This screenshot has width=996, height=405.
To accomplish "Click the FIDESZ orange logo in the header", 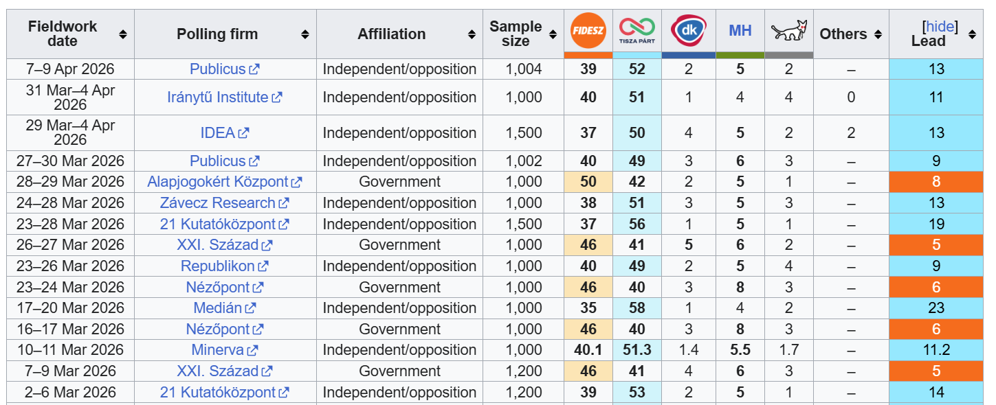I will click(x=588, y=30).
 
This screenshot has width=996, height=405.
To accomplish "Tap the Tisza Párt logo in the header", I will click(x=637, y=30).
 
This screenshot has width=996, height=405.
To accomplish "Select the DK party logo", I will click(x=688, y=30).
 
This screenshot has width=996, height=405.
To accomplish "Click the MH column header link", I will click(x=740, y=30).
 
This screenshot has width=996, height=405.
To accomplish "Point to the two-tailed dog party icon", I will click(x=788, y=30).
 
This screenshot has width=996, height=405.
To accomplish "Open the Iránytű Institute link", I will click(x=217, y=97).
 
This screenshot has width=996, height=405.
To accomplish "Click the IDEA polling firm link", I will click(x=218, y=132).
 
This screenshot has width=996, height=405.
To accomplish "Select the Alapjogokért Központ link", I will click(x=217, y=182).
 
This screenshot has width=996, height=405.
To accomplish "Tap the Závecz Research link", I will click(x=217, y=203).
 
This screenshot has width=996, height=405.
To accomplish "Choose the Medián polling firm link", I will click(x=218, y=308).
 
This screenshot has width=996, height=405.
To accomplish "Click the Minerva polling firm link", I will click(x=217, y=350).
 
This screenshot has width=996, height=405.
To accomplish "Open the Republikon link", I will click(x=217, y=266).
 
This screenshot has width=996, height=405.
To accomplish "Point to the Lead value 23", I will click(x=936, y=308).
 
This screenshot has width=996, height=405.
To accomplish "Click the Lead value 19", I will click(x=936, y=224).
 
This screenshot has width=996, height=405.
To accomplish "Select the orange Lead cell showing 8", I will click(x=936, y=182).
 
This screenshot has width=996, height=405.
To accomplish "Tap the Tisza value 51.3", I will click(x=637, y=350).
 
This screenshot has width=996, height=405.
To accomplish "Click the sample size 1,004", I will click(x=524, y=69).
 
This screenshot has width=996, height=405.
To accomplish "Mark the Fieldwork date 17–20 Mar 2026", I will click(x=71, y=308).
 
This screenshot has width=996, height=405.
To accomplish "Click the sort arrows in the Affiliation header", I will click(x=472, y=34).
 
